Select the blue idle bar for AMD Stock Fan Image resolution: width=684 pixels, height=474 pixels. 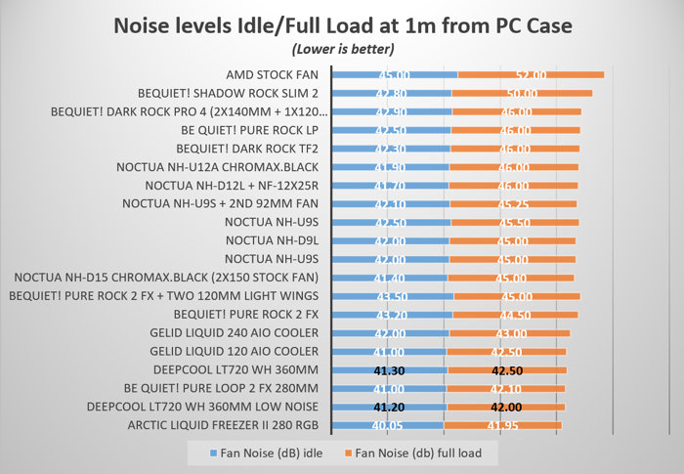(395, 74)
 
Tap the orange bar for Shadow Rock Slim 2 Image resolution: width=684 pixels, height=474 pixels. (522, 93)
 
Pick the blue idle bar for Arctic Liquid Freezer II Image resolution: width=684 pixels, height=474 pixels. (388, 425)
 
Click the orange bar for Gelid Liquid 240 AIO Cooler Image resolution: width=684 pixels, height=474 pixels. (509, 333)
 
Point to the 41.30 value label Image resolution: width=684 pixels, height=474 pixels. (390, 370)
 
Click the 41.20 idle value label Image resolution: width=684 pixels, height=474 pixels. (390, 407)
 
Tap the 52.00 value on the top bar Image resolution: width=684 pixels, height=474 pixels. (531, 74)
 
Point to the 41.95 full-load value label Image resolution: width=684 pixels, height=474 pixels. (502, 425)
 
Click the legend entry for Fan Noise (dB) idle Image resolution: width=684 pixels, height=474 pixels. (263, 452)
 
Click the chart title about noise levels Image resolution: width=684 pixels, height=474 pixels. (341, 24)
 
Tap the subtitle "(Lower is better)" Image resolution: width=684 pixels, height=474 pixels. (341, 47)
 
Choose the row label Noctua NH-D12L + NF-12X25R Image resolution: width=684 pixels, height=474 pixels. (234, 186)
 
